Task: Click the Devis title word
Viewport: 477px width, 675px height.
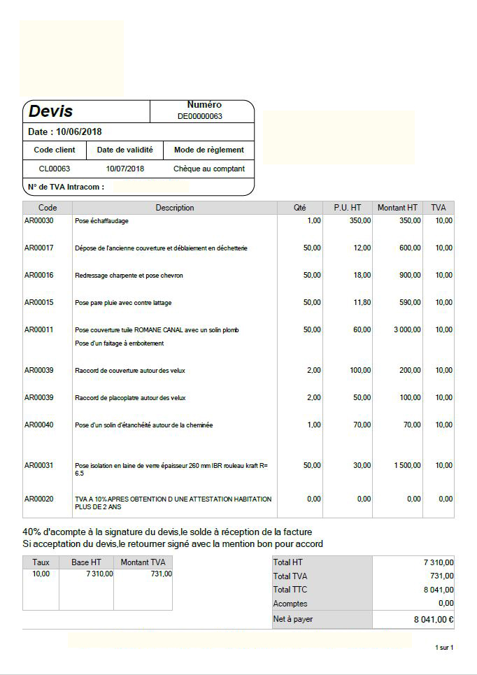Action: coord(50,111)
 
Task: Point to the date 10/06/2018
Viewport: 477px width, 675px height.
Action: coord(78,132)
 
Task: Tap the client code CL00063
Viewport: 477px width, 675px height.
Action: coord(54,169)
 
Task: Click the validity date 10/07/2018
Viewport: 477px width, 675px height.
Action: coord(125,169)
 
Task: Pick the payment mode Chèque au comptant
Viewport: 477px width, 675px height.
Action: coord(209,169)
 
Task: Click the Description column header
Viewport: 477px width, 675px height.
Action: coord(175,208)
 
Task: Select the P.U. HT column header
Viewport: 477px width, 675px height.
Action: coord(348,208)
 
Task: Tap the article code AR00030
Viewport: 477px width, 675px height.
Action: coord(39,220)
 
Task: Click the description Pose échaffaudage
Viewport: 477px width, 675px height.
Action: coord(101,221)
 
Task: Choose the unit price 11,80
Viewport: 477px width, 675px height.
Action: coord(362,302)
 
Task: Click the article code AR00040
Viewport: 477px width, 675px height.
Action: coord(39,425)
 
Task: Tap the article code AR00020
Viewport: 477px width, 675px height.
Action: coord(39,499)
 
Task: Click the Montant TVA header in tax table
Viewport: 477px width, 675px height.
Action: coord(143,562)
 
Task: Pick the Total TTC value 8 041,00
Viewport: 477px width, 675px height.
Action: coord(439,590)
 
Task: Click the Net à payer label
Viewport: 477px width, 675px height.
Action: coord(293,619)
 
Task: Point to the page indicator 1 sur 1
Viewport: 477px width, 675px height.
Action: coord(444,648)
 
